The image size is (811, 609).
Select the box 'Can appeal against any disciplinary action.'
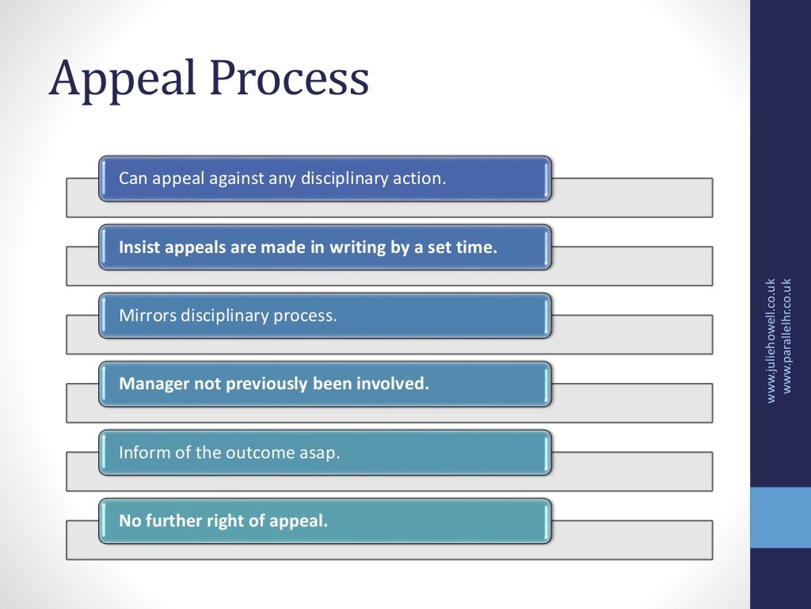point(325,178)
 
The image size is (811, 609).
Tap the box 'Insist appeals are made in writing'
point(325,247)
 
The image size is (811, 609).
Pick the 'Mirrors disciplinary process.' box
point(325,316)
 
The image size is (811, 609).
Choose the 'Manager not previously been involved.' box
point(325,384)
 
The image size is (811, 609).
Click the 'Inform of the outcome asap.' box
point(325,453)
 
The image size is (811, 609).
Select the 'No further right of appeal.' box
point(325,521)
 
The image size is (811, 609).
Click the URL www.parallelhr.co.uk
point(786,335)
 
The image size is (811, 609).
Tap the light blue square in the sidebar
point(780,517)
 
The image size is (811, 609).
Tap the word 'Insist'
point(139,247)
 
